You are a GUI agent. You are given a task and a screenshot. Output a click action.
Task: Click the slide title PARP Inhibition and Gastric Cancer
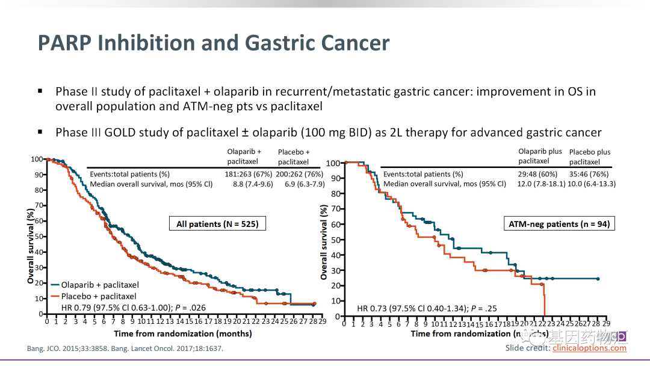click(214, 43)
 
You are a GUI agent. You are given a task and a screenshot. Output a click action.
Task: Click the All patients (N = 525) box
click(217, 224)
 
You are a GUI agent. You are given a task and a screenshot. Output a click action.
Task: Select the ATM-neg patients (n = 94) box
click(559, 224)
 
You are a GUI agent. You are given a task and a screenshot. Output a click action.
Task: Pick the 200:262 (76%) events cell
click(300, 174)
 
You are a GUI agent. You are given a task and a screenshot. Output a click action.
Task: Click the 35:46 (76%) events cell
click(592, 174)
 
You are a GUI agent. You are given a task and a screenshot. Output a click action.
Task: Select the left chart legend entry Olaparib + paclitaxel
click(99, 285)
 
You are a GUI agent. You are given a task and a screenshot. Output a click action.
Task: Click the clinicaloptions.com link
click(589, 348)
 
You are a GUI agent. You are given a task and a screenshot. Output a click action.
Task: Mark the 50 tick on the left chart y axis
click(39, 237)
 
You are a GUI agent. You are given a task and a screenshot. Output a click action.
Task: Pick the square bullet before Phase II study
click(40, 91)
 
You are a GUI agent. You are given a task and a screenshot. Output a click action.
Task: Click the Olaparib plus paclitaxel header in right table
click(540, 156)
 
